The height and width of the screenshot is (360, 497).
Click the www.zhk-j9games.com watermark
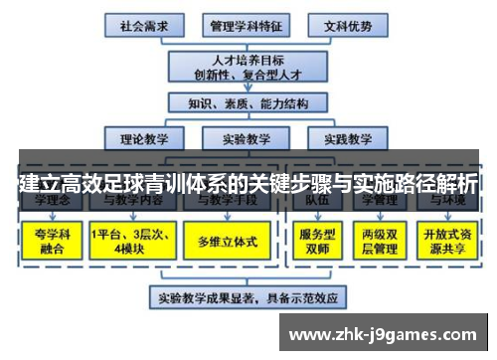387,333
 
